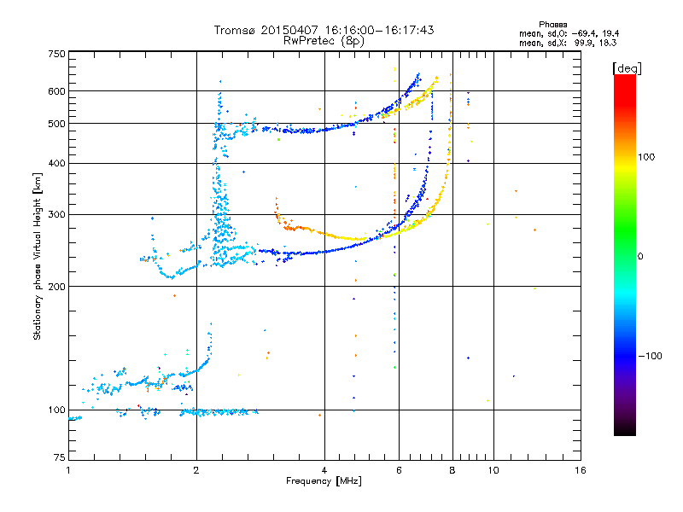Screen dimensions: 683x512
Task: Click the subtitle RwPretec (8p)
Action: (x=324, y=41)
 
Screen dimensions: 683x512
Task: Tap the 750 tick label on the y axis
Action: (x=57, y=54)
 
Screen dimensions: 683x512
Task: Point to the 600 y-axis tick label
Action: (x=57, y=91)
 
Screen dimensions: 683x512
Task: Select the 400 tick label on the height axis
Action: (x=57, y=163)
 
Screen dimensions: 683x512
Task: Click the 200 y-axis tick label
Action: (x=57, y=287)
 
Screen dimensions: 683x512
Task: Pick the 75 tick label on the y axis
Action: (x=60, y=457)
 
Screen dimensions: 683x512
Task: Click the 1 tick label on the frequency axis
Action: (x=68, y=470)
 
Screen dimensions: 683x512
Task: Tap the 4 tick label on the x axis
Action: (x=324, y=470)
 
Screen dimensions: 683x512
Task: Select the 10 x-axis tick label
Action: (x=493, y=470)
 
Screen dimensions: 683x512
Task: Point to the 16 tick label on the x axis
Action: (x=581, y=470)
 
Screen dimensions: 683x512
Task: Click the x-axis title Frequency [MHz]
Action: (x=324, y=481)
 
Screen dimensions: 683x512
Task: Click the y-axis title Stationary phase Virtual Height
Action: (x=37, y=257)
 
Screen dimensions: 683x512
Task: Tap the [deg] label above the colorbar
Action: (x=627, y=68)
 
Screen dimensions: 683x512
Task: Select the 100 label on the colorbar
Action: (x=646, y=157)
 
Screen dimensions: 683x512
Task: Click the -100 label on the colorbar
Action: (x=650, y=356)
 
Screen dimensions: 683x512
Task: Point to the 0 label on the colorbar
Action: (x=640, y=257)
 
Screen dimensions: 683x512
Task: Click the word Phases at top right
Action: (x=552, y=25)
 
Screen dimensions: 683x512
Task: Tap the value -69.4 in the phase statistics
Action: (x=585, y=33)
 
